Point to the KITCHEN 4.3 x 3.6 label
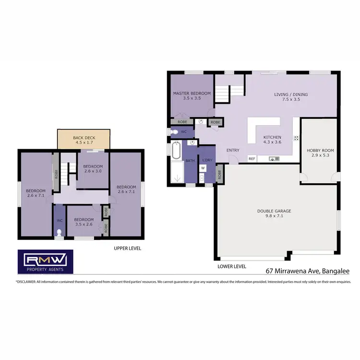[272, 139]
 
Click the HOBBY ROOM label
[320, 153]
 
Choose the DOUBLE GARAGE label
[274, 213]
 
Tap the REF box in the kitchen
[252, 158]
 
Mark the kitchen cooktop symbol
[296, 138]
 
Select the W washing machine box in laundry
[203, 168]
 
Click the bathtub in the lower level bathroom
[176, 151]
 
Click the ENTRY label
[233, 150]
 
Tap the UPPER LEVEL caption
[127, 249]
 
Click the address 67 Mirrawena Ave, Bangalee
[307, 271]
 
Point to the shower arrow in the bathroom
[178, 178]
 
